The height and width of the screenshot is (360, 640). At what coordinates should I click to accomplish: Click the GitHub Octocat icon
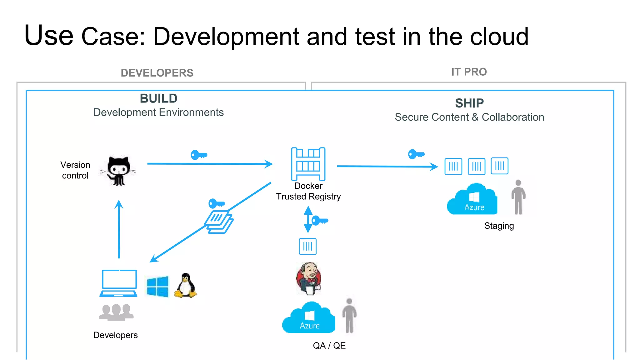118,171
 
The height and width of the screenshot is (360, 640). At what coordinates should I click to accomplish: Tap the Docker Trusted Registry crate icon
308,164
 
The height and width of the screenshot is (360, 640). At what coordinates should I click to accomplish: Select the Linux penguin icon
186,286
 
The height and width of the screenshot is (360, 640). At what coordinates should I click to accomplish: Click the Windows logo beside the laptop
157,286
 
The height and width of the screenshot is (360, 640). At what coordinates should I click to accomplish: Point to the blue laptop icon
119,283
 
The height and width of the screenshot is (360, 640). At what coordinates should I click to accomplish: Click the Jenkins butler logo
309,278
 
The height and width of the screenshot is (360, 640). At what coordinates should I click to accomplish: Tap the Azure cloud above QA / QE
309,318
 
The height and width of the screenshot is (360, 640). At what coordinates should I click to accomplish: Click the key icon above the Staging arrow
416,154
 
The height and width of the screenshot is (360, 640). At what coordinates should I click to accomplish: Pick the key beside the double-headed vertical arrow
319,221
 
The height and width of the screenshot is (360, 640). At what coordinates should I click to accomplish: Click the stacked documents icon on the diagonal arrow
219,222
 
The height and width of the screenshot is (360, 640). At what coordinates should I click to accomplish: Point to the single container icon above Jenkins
307,246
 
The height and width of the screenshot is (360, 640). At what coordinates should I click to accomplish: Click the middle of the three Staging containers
476,166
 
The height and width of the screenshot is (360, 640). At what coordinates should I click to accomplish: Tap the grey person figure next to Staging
518,197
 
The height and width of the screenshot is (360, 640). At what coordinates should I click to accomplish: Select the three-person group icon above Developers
116,312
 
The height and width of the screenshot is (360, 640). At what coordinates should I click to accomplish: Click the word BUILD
158,98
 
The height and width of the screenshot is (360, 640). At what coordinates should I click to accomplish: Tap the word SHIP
469,103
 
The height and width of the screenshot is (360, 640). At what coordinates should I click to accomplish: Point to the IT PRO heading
469,72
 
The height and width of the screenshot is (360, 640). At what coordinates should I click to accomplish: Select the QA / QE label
329,346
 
